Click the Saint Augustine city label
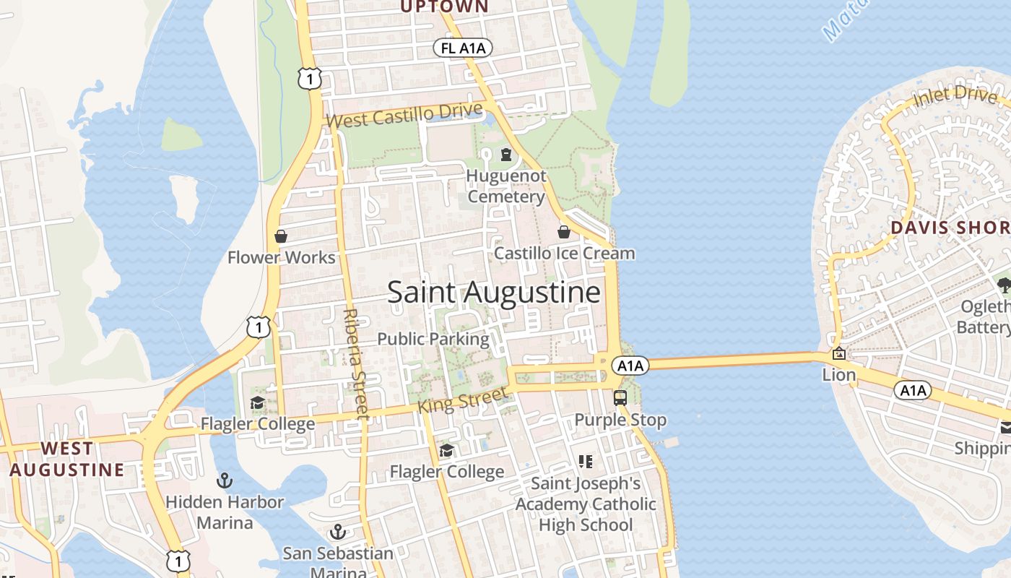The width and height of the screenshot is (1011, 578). click(x=494, y=293)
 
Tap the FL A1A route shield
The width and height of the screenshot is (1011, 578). click(x=463, y=48)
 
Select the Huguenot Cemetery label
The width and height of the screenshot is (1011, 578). click(x=506, y=186)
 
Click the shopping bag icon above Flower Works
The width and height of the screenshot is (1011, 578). click(x=281, y=236)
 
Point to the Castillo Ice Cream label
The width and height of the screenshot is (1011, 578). click(x=564, y=254)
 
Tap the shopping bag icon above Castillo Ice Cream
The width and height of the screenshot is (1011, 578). click(x=564, y=232)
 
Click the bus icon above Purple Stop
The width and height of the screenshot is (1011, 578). click(x=620, y=397)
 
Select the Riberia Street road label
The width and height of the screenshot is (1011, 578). click(x=357, y=364)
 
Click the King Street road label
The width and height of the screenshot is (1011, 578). click(x=462, y=400)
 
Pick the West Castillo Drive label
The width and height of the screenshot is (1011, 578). click(x=404, y=116)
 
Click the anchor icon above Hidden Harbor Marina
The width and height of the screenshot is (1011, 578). click(x=225, y=480)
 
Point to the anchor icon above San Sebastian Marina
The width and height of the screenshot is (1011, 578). click(x=337, y=532)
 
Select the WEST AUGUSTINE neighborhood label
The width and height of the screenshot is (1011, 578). click(x=66, y=460)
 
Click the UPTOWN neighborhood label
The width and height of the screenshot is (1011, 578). click(x=443, y=7)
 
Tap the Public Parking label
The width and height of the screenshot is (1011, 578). click(x=433, y=339)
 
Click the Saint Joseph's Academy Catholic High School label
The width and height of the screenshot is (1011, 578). click(x=586, y=504)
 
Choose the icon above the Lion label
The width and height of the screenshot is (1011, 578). click(x=839, y=354)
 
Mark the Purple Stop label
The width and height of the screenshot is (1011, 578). click(x=620, y=420)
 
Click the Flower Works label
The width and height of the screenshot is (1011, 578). click(x=282, y=258)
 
